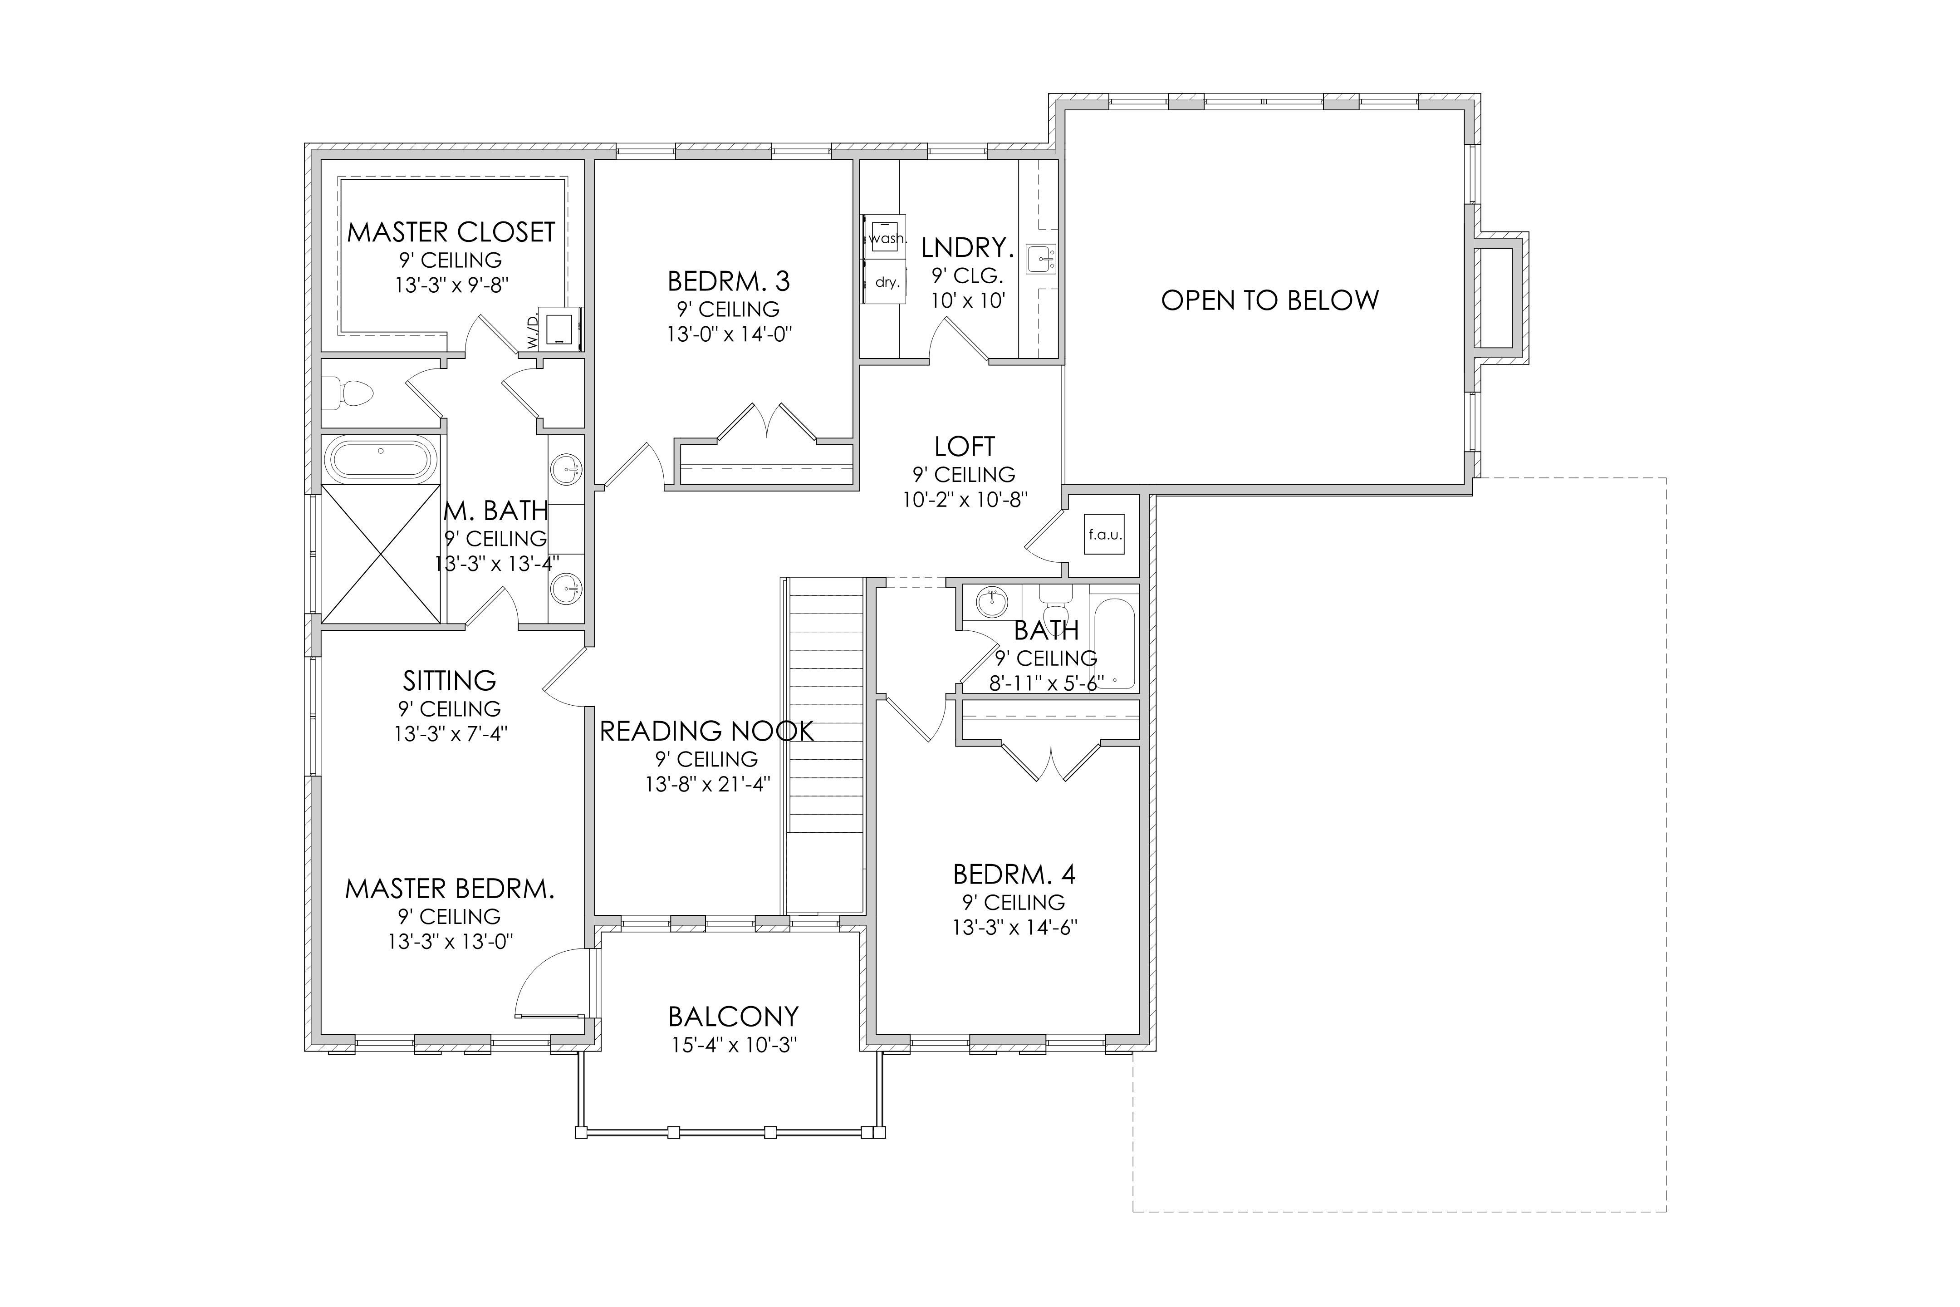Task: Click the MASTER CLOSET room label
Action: [x=451, y=232]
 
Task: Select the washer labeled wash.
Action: [x=885, y=237]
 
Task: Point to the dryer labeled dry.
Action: [x=885, y=282]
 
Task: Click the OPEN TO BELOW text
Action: [x=1270, y=300]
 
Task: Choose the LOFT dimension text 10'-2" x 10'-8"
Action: [x=965, y=499]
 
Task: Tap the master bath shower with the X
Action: [x=381, y=554]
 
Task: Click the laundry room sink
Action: [x=1040, y=259]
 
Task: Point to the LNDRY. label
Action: [x=967, y=248]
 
